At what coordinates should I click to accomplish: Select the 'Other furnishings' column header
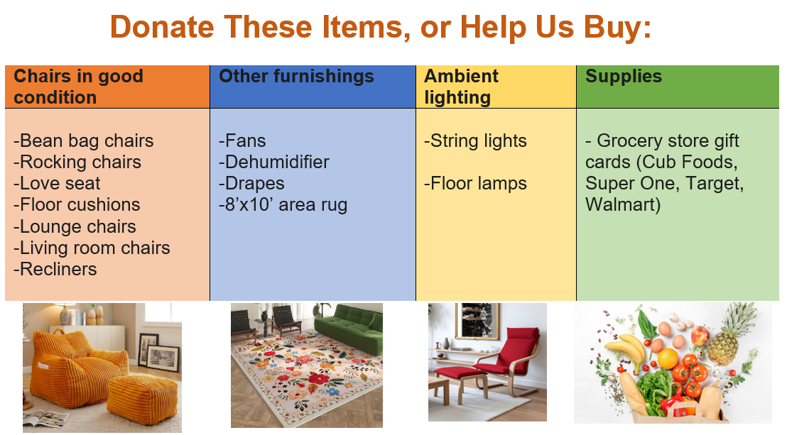click(x=296, y=76)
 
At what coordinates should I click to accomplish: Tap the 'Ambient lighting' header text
click(x=461, y=87)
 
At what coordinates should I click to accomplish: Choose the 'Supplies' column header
click(x=624, y=76)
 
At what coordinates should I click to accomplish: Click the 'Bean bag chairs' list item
click(x=83, y=141)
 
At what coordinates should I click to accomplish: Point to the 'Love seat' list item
click(x=57, y=184)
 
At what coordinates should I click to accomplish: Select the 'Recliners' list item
click(x=55, y=270)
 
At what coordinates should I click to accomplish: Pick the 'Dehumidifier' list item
click(x=274, y=162)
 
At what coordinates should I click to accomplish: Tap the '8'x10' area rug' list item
click(x=283, y=204)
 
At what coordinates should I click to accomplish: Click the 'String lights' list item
click(x=475, y=141)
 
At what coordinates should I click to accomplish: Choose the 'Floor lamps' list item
click(x=475, y=184)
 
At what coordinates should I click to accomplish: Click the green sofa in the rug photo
click(x=349, y=328)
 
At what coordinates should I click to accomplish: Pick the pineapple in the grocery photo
click(x=729, y=331)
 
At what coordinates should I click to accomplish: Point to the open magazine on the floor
click(x=45, y=417)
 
